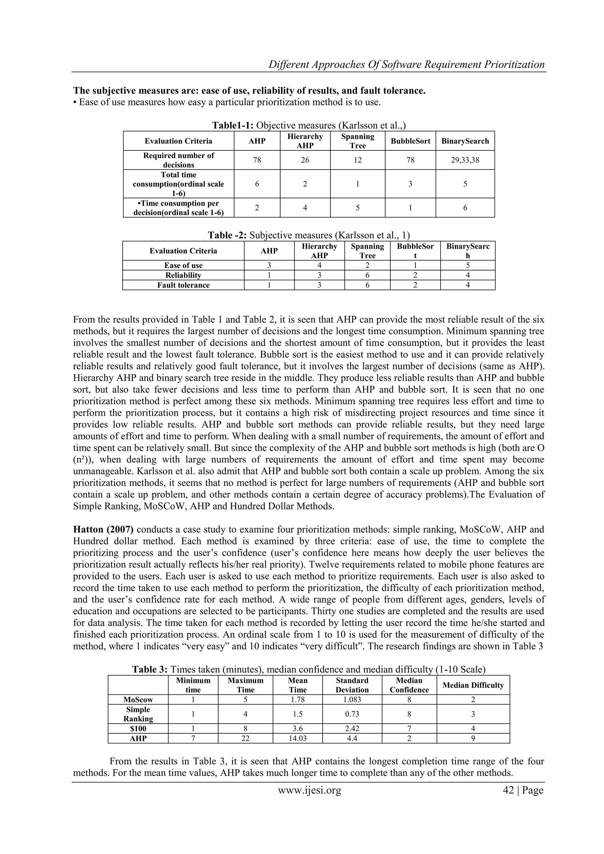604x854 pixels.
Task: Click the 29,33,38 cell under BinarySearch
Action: click(x=465, y=160)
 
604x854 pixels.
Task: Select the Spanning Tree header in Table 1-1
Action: click(x=357, y=141)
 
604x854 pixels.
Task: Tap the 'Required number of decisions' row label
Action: click(x=178, y=160)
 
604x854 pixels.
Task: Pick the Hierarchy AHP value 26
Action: click(x=305, y=160)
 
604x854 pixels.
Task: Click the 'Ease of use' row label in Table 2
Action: click(x=183, y=265)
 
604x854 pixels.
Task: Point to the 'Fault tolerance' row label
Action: click(x=183, y=285)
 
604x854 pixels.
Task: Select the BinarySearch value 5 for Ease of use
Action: click(x=467, y=265)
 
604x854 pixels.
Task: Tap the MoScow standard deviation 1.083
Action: click(x=352, y=700)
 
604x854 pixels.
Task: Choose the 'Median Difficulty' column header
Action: click(x=473, y=685)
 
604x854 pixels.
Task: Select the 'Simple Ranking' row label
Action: click(x=138, y=714)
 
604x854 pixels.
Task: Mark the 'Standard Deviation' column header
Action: click(x=352, y=685)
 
